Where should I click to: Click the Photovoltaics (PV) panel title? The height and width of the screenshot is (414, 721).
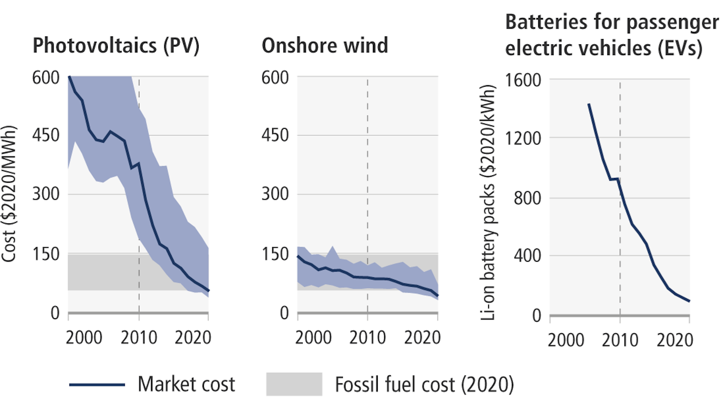(x=116, y=46)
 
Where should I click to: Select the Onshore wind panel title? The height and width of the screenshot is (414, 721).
(x=324, y=46)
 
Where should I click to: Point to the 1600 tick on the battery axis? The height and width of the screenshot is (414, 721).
(x=522, y=80)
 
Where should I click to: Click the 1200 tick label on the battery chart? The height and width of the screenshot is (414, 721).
(x=522, y=139)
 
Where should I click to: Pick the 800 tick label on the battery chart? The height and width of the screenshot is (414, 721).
(x=527, y=198)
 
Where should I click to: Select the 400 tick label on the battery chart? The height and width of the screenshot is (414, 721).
(x=527, y=256)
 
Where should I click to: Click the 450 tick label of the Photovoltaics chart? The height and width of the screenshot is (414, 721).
(x=46, y=135)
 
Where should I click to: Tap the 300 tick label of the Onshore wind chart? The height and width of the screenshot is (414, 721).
(x=275, y=194)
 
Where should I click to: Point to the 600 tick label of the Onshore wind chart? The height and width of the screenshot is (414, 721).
(x=275, y=78)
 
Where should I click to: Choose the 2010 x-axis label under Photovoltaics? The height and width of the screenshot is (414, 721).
(x=139, y=337)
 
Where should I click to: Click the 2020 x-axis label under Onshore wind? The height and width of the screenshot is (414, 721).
(x=422, y=337)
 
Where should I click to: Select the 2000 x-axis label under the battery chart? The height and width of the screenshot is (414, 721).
(x=566, y=340)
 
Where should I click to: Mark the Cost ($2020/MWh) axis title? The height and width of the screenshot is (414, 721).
(x=9, y=194)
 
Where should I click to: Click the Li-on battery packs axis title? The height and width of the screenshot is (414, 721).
(x=488, y=203)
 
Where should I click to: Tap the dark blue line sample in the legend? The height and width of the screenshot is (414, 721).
(x=97, y=384)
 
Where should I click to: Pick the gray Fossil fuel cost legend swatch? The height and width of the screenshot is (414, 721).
(x=294, y=384)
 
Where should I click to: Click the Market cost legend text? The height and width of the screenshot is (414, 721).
(x=186, y=384)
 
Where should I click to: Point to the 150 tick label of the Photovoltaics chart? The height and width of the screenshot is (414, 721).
(x=46, y=254)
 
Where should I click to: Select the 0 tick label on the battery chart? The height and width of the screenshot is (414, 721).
(x=537, y=316)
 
